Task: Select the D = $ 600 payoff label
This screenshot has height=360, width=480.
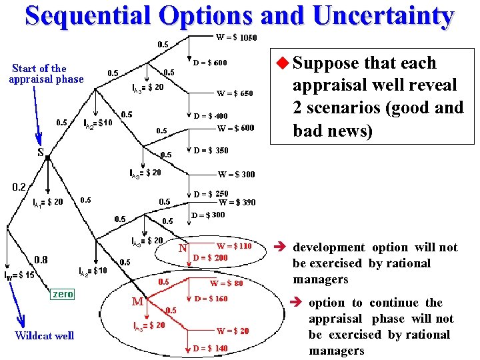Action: [x=210, y=63]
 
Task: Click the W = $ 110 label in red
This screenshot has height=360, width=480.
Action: [x=234, y=246]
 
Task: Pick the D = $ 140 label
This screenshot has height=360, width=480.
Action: [x=210, y=348]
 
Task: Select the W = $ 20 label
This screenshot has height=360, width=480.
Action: [x=233, y=331]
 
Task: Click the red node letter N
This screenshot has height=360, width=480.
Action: [x=182, y=249]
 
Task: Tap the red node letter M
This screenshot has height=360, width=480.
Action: [x=137, y=301]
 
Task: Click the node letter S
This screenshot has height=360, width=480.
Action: [x=41, y=152]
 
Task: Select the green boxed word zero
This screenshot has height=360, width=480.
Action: [x=63, y=293]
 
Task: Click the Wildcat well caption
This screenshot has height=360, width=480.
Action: [x=45, y=335]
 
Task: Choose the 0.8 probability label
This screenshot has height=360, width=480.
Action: [x=41, y=259]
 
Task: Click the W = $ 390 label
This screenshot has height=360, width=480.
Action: [x=237, y=203]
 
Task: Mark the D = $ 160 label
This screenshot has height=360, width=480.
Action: [x=211, y=299]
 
